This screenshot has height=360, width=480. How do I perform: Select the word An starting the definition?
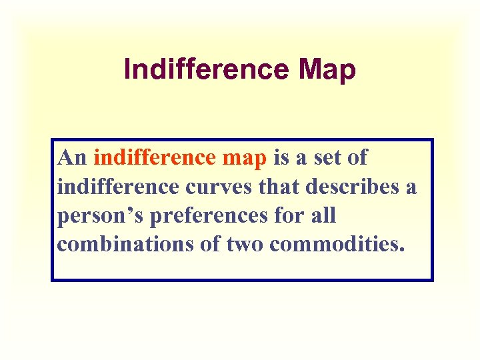(x=73, y=158)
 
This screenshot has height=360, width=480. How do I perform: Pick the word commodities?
(x=337, y=245)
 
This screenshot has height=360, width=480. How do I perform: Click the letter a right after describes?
(x=410, y=188)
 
